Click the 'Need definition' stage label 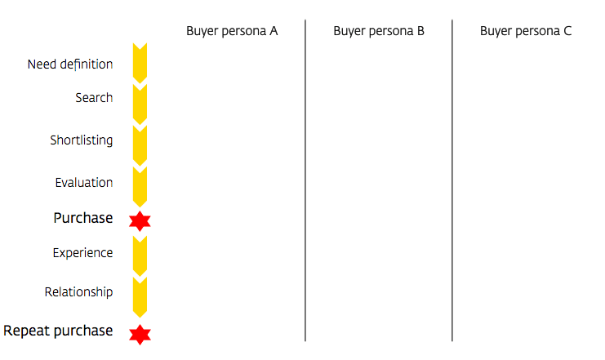(x=70, y=64)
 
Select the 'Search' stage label (x=94, y=98)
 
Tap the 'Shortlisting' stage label (x=82, y=140)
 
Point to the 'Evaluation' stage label (x=84, y=182)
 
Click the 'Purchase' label (x=83, y=218)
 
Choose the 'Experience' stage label (x=83, y=253)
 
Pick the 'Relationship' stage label (x=78, y=291)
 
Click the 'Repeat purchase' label (x=58, y=331)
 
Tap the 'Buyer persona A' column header (x=232, y=31)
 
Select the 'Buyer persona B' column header (x=379, y=31)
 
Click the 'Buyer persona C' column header (x=526, y=31)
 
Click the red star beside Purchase (x=140, y=221)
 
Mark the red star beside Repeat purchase (x=140, y=335)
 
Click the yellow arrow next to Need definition (x=140, y=64)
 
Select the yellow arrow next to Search (x=140, y=104)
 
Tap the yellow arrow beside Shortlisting (x=140, y=146)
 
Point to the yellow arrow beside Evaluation (x=140, y=187)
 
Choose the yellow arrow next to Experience (x=140, y=256)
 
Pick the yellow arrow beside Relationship (x=140, y=297)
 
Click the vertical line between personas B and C (x=452, y=180)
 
